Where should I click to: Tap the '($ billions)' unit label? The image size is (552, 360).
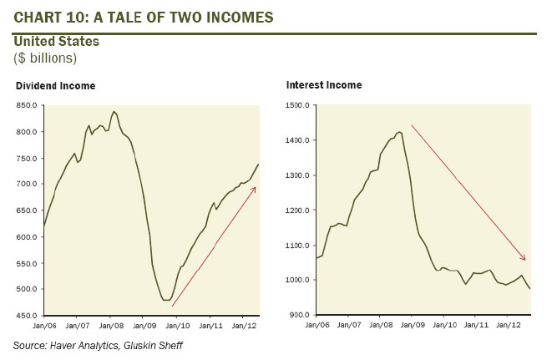pyautogui.click(x=45, y=57)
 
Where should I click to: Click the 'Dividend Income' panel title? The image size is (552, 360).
pyautogui.click(x=56, y=85)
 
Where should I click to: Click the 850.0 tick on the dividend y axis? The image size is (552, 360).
pyautogui.click(x=27, y=105)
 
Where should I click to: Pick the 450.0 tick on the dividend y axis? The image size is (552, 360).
pyautogui.click(x=27, y=315)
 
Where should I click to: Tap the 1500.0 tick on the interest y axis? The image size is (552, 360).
pyautogui.click(x=298, y=105)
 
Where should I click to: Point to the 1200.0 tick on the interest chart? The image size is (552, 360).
pyautogui.click(x=298, y=210)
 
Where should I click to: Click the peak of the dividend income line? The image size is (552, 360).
pyautogui.click(x=114, y=111)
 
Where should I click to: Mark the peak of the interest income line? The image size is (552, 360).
pyautogui.click(x=398, y=130)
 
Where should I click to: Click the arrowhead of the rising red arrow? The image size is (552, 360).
pyautogui.click(x=255, y=188)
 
